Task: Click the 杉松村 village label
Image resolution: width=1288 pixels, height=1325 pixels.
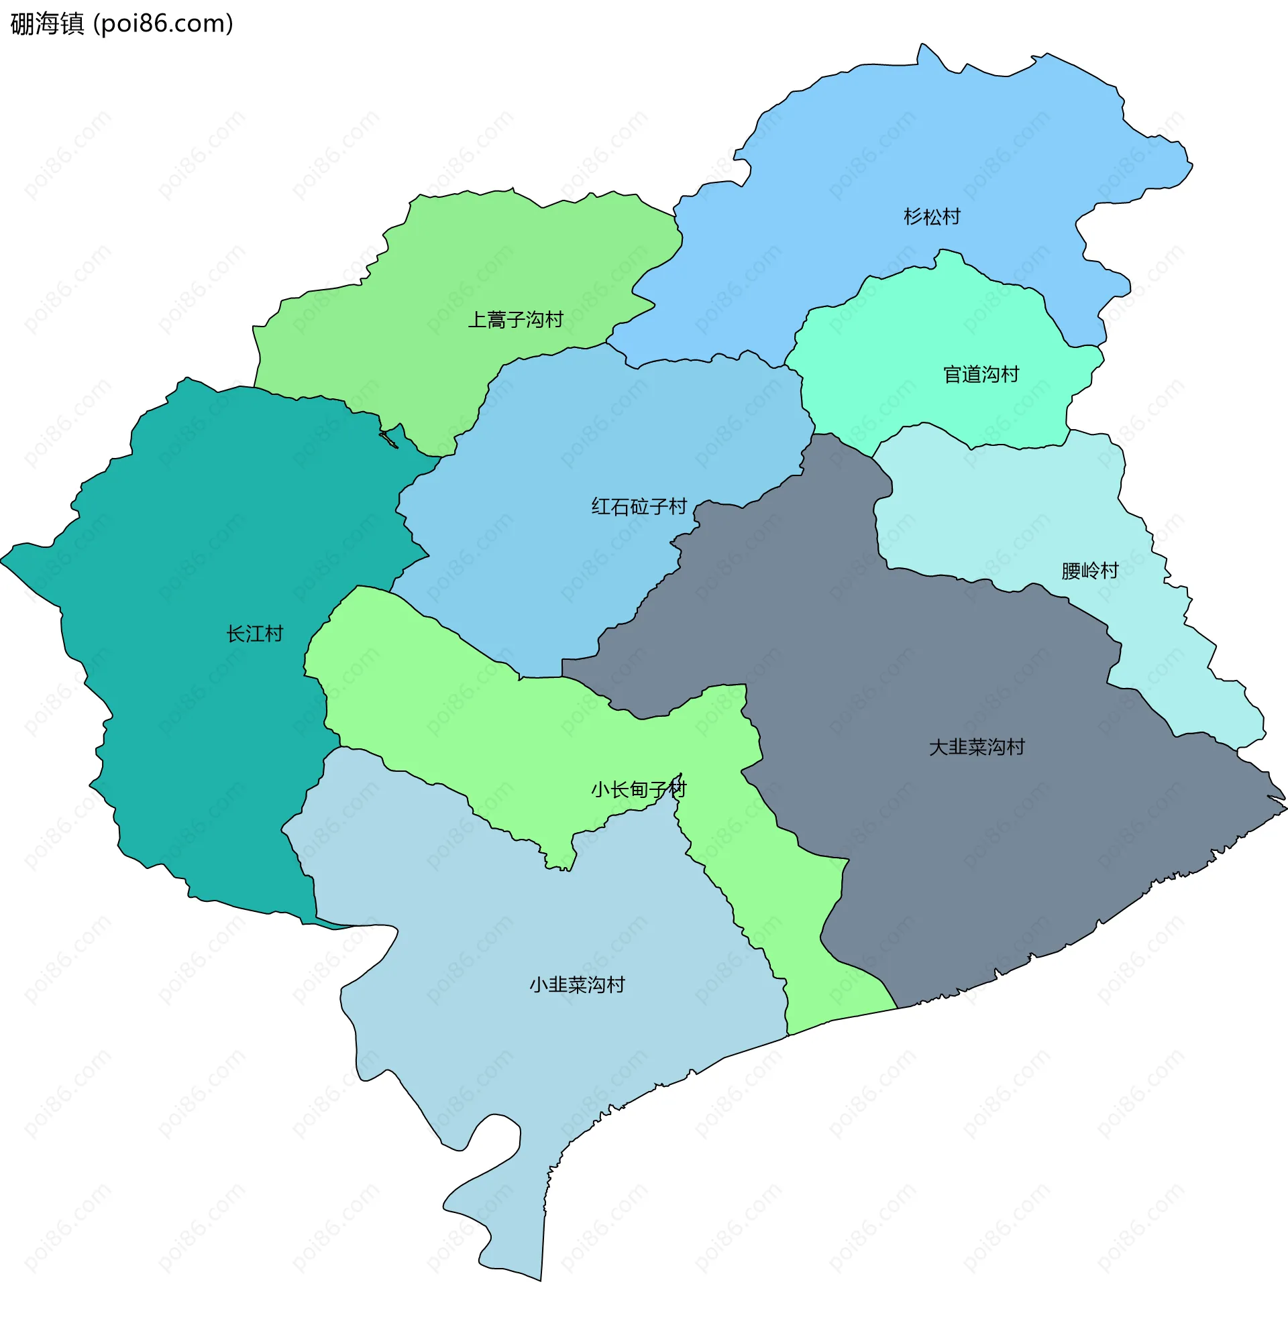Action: tap(932, 217)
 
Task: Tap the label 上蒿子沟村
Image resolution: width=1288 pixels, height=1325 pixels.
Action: tap(515, 320)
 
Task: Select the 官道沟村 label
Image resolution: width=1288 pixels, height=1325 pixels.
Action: tap(981, 375)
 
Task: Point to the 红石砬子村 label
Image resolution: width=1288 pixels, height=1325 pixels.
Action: tap(639, 506)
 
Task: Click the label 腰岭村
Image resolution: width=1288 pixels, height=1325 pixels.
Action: tap(1090, 571)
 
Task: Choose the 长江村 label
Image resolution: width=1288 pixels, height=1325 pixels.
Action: tap(254, 634)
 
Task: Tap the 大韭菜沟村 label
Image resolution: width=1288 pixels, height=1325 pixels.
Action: tap(977, 747)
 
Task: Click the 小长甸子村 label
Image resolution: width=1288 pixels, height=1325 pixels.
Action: tap(639, 790)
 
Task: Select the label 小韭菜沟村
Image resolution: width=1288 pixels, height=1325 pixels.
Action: tap(577, 985)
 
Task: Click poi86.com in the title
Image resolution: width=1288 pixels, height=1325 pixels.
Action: tap(163, 23)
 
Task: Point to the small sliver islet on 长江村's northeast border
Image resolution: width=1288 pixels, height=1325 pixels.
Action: tap(388, 440)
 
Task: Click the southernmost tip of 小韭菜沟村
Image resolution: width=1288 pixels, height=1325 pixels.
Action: tap(540, 1279)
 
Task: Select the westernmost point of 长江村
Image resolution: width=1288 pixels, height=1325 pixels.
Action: tap(2, 561)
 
